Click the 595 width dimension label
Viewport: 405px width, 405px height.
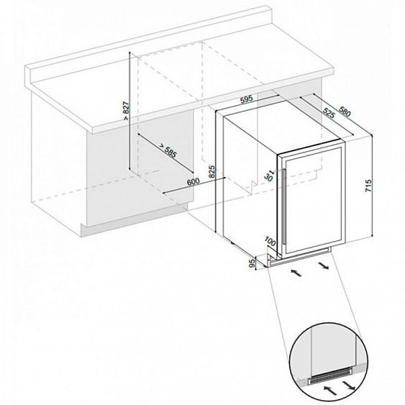pos(247,99)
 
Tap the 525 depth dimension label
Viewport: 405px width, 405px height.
pos(329,113)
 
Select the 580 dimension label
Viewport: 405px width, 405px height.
pos(345,111)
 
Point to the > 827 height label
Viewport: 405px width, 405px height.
pos(126,111)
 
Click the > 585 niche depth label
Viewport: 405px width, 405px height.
pos(168,150)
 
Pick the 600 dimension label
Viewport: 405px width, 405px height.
pos(194,181)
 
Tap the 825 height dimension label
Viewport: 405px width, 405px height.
pos(211,172)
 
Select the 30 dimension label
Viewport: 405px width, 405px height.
pos(268,176)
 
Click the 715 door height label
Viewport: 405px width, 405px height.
pos(368,186)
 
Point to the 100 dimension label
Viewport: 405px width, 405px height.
pos(270,242)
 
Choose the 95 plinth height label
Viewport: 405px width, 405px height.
pos(252,263)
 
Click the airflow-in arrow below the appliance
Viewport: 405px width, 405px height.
pos(296,273)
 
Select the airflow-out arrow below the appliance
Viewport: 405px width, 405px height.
pos(324,265)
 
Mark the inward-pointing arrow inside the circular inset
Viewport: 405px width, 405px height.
pos(331,390)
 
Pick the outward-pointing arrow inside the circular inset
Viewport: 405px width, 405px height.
pos(349,383)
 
